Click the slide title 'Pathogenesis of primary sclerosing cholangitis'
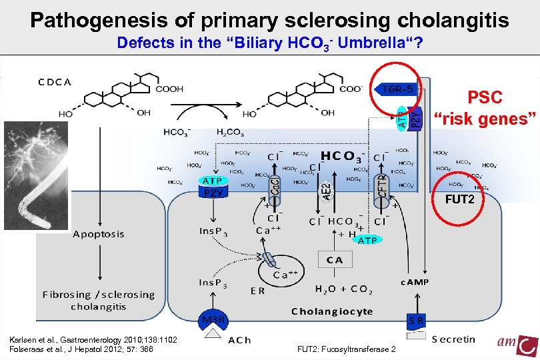pos(269,19)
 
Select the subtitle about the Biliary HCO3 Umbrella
pos(269,44)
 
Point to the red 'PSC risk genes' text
pos(484,108)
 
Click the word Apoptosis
pos(99,234)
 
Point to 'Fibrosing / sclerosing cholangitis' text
pos(99,300)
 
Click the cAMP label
pos(414,282)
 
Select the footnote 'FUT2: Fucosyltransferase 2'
pos(347,350)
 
